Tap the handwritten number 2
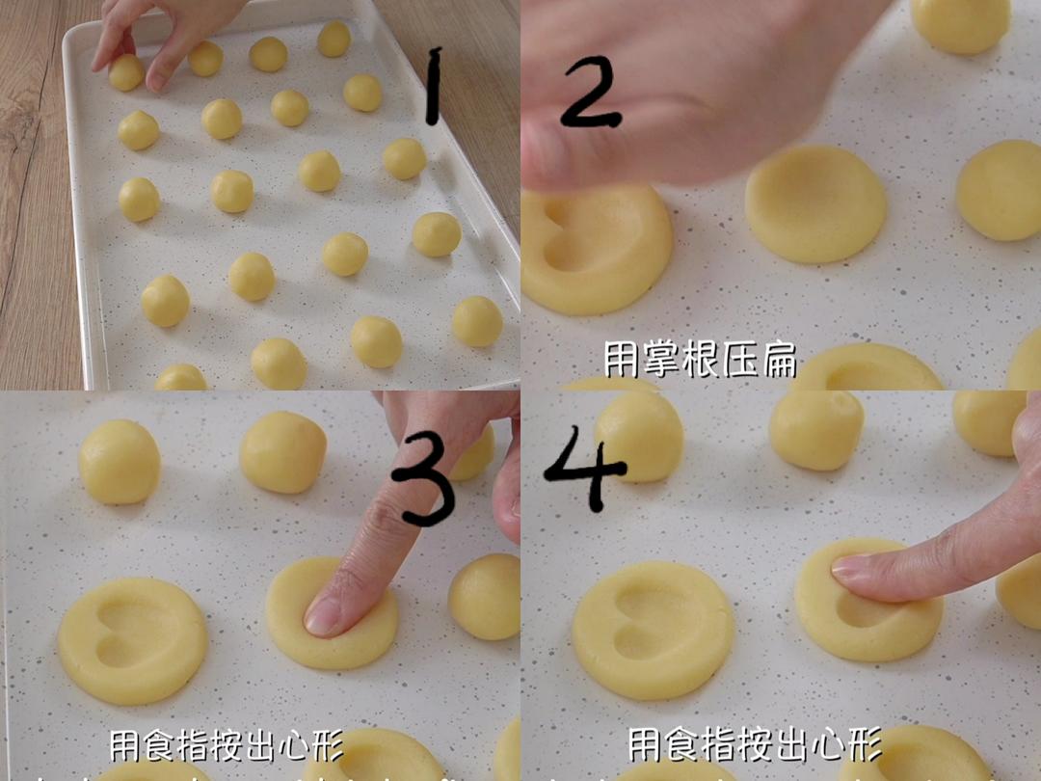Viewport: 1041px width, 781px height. tap(589, 92)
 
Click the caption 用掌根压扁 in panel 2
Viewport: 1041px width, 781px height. tap(700, 360)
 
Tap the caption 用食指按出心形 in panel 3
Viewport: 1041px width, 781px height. tap(226, 744)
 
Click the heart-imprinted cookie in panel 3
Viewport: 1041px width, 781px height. tap(132, 640)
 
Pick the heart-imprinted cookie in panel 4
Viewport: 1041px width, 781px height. tap(653, 630)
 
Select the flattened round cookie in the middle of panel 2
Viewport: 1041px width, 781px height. tap(815, 204)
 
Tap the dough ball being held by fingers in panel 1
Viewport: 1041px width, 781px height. tap(126, 73)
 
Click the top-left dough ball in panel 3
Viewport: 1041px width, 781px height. tap(120, 462)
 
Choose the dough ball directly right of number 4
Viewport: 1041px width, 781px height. tap(640, 435)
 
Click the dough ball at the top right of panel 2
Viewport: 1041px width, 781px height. tap(960, 23)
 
